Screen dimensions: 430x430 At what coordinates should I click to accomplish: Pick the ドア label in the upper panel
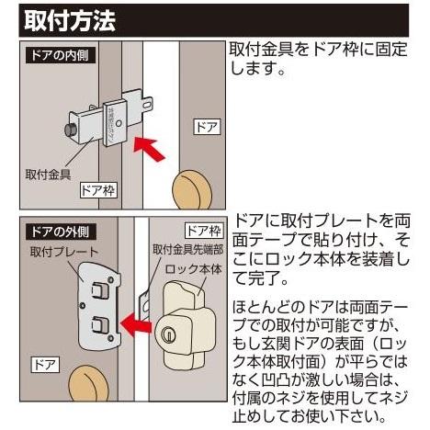pos(205,126)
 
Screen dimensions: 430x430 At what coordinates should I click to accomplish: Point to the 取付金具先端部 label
pos(188,251)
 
